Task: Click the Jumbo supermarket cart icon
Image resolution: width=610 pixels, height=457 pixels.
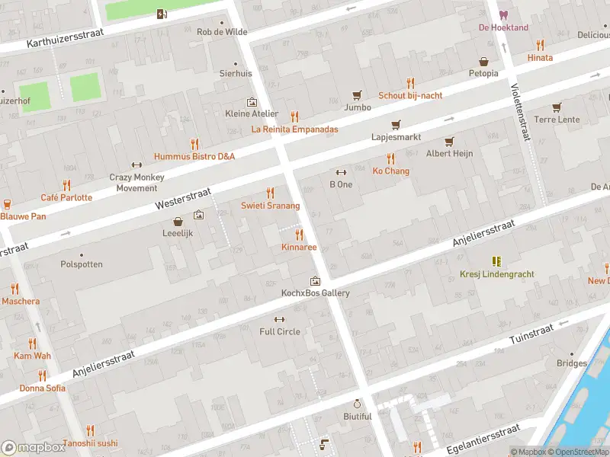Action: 356,95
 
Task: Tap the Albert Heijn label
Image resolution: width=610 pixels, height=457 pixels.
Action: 449,154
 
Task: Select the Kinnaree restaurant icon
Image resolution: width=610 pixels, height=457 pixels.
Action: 300,235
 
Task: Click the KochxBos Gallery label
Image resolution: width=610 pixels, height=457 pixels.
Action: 314,293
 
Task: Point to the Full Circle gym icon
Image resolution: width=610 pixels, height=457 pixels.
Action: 279,319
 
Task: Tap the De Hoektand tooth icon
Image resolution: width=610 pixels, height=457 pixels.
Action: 502,15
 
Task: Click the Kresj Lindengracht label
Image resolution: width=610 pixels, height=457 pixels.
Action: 496,274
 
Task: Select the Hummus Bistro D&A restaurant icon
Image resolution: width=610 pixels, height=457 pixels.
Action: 194,143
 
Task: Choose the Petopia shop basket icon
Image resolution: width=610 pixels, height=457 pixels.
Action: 483,62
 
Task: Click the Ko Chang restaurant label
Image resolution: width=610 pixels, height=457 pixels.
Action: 390,171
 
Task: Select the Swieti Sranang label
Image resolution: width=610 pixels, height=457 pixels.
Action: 270,206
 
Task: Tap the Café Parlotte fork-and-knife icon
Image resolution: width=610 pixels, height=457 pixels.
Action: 66,185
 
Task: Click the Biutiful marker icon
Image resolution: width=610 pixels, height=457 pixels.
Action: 357,404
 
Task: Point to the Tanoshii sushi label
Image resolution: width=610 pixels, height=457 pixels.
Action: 90,443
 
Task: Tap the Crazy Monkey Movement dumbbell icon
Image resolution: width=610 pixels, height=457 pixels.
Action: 136,165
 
